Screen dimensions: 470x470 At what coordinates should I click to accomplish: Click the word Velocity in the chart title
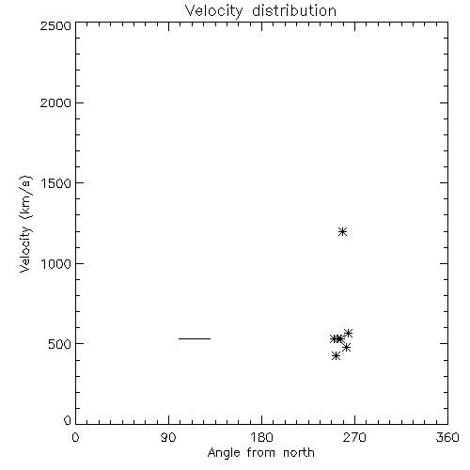click(x=213, y=11)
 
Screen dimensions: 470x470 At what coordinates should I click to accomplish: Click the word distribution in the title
click(x=294, y=10)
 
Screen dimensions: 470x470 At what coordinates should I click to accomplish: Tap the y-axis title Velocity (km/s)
click(x=25, y=224)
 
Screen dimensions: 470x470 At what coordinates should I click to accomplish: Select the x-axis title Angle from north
click(x=260, y=452)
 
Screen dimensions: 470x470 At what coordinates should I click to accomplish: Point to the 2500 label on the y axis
click(x=55, y=25)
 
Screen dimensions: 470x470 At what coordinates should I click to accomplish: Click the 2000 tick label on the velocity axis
click(x=55, y=102)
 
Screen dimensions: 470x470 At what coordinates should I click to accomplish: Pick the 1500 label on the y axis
click(x=56, y=183)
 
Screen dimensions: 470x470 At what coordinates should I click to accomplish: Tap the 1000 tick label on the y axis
click(x=56, y=264)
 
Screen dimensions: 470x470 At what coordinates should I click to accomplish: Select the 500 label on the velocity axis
click(x=60, y=344)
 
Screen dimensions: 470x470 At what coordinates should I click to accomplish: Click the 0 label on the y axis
click(x=68, y=420)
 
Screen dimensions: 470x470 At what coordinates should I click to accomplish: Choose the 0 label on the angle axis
click(x=75, y=437)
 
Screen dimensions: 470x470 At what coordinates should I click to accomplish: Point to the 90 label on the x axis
click(x=168, y=437)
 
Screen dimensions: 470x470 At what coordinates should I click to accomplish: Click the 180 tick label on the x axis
click(x=261, y=437)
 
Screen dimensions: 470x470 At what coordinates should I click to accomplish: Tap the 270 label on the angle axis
click(x=354, y=437)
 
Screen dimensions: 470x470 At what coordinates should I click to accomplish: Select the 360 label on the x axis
click(x=447, y=437)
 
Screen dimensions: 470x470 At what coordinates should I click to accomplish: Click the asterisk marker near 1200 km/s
click(x=342, y=232)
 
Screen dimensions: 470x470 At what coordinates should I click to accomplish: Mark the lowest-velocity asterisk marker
click(x=336, y=355)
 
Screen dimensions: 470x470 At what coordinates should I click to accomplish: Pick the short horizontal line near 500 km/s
click(x=195, y=338)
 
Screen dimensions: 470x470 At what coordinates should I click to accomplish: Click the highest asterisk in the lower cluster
click(x=348, y=333)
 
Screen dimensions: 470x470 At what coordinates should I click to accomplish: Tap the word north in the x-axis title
click(x=299, y=452)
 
